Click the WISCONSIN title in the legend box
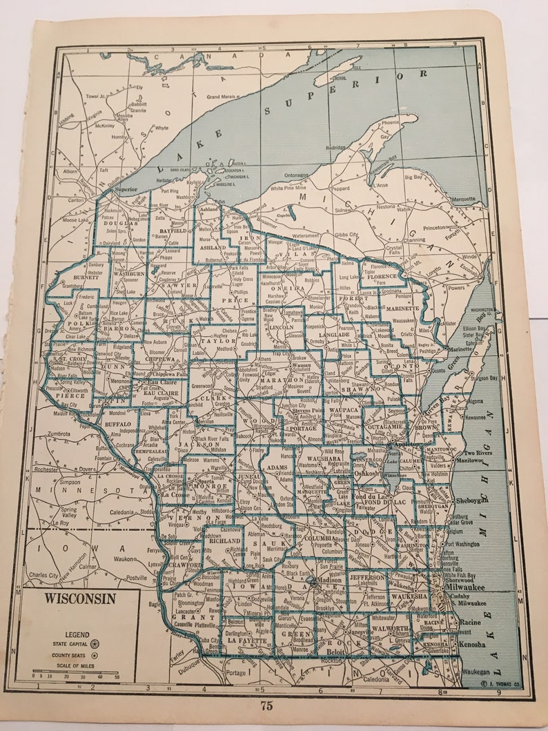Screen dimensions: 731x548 coord(80,598)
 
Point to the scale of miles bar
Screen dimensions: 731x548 coord(76,670)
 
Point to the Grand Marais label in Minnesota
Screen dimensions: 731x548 coord(220,97)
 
